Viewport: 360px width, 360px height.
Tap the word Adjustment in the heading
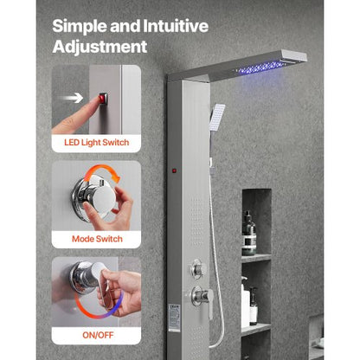[x=100, y=46]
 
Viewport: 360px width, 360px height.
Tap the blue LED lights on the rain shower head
[x=265, y=64]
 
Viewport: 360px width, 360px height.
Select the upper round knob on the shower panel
[x=200, y=266]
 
